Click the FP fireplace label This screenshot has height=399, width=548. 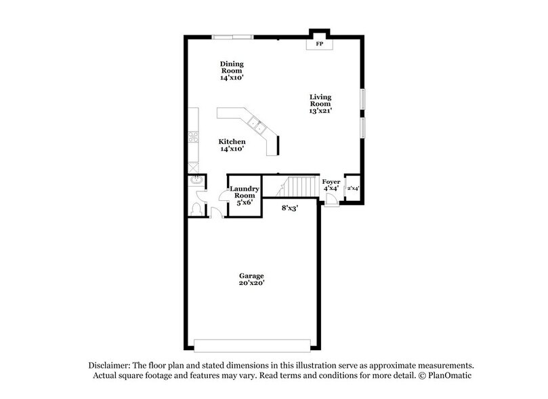[319, 44]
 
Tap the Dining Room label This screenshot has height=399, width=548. [231, 71]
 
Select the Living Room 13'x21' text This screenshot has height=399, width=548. [320, 104]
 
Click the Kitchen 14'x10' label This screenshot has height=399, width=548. [232, 145]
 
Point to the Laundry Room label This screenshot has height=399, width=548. [244, 195]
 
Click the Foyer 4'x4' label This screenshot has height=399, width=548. [331, 185]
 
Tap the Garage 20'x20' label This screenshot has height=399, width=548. [251, 280]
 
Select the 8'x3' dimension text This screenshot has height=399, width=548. [290, 208]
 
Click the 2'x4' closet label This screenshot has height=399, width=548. [353, 188]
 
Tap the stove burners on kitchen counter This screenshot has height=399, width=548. [192, 136]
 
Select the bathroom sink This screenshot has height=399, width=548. [194, 182]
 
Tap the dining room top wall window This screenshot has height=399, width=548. [233, 37]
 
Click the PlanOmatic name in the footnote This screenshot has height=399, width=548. [450, 375]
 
